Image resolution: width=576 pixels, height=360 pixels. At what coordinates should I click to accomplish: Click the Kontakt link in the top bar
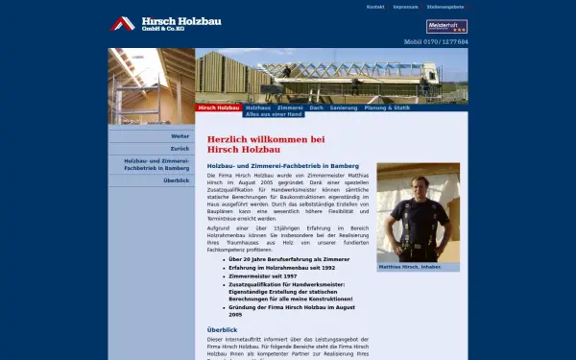tap(375, 7)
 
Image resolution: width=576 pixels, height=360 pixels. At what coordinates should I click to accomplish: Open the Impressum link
tap(405, 7)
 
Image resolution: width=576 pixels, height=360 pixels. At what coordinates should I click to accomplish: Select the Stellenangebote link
tap(445, 7)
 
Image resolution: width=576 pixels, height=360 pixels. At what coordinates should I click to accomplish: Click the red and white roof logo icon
tap(122, 24)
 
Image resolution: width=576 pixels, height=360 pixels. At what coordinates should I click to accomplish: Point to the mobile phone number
tap(436, 42)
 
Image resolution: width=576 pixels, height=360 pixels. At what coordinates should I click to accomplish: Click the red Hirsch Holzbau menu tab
tap(218, 108)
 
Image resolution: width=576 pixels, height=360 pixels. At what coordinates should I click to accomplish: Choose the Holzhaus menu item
tap(258, 108)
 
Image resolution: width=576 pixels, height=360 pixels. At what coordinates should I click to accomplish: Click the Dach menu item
tap(316, 108)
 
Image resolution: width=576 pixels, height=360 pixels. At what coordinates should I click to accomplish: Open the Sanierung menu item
tap(343, 108)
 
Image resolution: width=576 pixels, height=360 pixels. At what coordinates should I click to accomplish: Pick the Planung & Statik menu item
tap(387, 108)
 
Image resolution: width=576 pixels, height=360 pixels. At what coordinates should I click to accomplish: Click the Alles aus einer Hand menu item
tap(274, 114)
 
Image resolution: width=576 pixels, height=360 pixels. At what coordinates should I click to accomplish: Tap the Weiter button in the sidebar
tap(180, 135)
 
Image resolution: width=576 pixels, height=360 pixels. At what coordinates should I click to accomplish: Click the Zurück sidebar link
tap(180, 149)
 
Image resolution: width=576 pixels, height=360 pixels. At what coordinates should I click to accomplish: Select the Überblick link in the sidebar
tap(176, 180)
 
